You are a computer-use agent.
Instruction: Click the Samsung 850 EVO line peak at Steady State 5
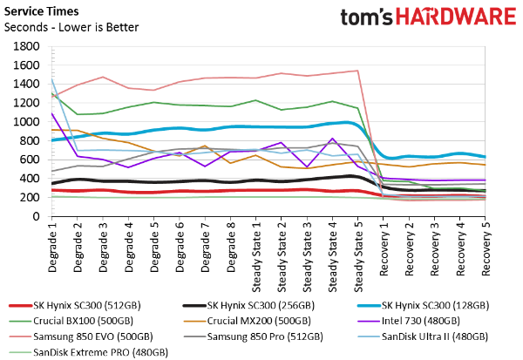click(357, 71)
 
